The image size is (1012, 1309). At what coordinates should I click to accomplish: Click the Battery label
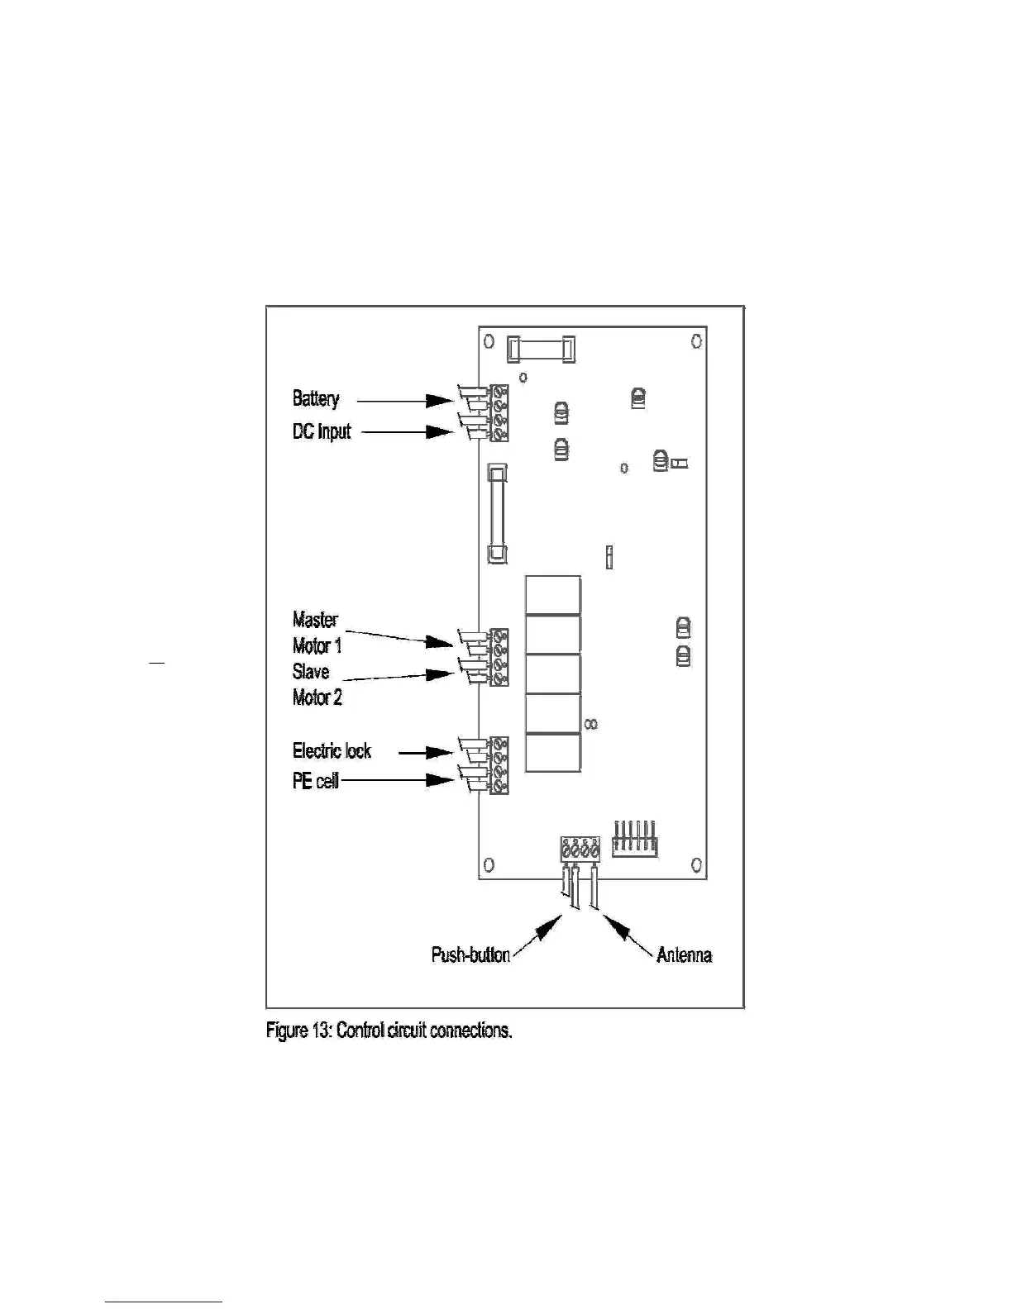click(x=315, y=399)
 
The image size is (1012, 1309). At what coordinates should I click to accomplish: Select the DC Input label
click(x=322, y=431)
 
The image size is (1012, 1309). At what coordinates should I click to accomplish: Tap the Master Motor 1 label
click(x=316, y=632)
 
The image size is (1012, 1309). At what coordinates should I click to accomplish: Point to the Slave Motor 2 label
click(x=316, y=684)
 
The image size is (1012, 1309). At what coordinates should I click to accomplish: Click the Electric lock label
click(x=332, y=751)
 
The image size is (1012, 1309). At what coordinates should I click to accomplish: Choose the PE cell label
click(x=315, y=781)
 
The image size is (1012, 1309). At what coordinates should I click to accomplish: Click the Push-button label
click(x=470, y=955)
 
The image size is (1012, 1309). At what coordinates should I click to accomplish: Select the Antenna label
click(x=684, y=955)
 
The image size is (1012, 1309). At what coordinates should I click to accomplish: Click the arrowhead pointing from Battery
click(x=438, y=401)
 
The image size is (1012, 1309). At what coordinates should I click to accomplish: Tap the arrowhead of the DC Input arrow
click(x=438, y=431)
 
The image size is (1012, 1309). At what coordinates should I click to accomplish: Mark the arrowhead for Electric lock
click(x=438, y=752)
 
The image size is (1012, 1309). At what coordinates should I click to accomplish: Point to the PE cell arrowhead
click(x=438, y=780)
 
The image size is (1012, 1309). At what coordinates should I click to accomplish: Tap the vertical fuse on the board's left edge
click(x=497, y=513)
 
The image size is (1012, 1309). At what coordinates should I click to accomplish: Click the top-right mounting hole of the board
click(x=697, y=340)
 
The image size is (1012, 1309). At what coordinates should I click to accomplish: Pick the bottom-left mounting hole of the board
click(x=489, y=864)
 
